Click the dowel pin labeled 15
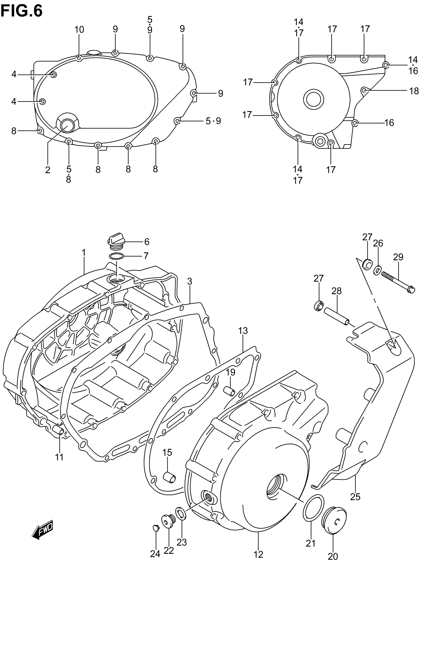coord(169,477)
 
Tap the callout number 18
coord(414,91)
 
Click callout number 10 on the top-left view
coord(79,29)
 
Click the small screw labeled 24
coord(155,528)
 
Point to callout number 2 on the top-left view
coord(48,170)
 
